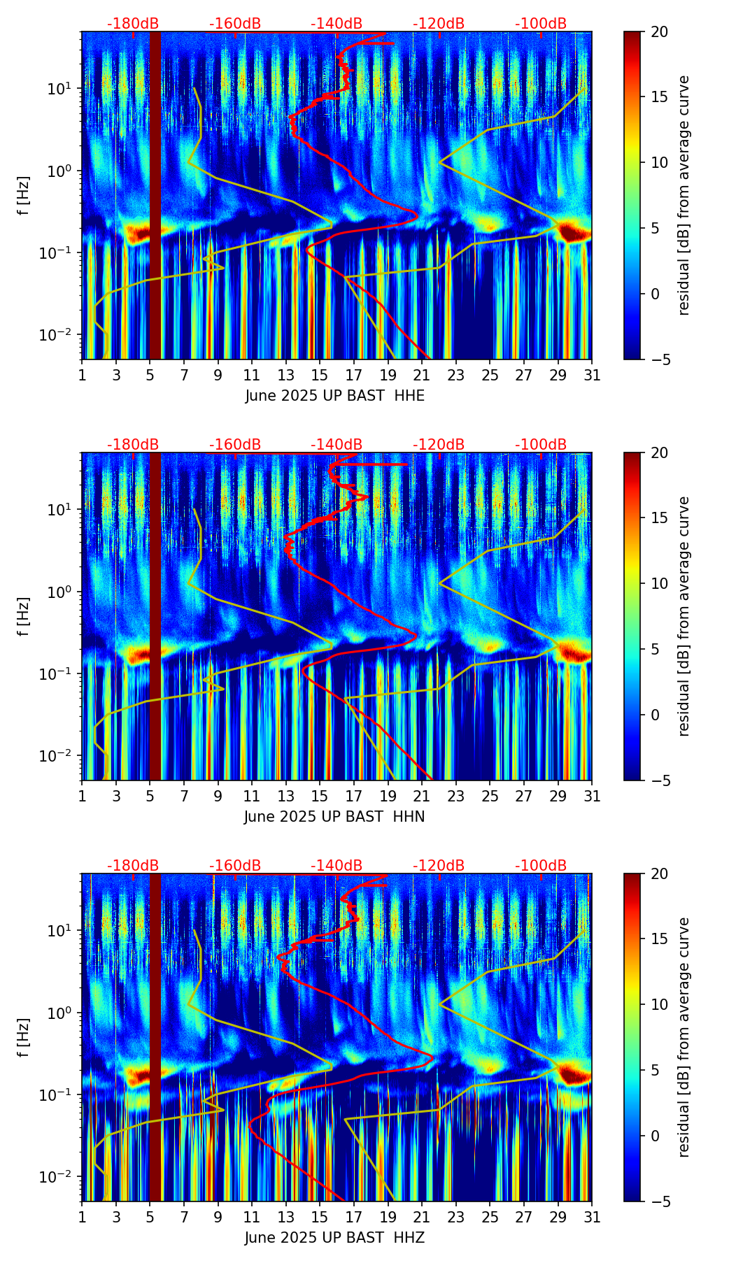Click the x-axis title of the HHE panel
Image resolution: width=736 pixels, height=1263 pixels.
tap(334, 396)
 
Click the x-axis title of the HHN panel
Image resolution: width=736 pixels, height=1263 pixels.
tap(334, 817)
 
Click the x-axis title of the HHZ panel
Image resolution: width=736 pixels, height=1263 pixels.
tap(334, 1238)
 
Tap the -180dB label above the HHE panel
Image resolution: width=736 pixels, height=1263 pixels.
tap(133, 24)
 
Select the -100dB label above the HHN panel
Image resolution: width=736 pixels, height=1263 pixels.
tap(541, 445)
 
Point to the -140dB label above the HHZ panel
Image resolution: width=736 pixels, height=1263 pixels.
tap(337, 866)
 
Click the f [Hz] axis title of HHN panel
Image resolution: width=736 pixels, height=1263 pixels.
tap(24, 616)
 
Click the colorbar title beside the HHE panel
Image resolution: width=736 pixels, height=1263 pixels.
tap(684, 195)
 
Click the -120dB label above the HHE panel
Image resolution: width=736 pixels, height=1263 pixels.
tap(439, 24)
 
